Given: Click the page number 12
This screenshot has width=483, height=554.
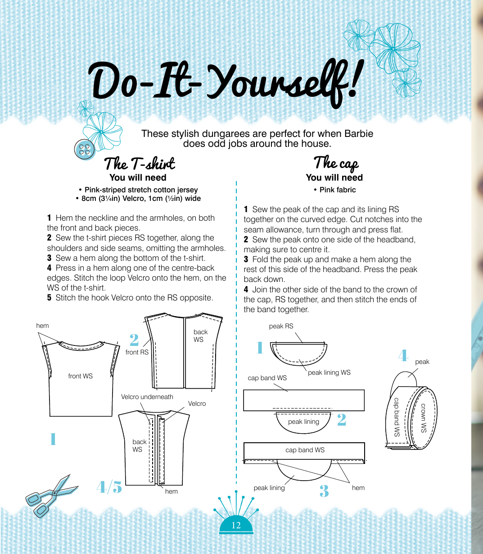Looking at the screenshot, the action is pyautogui.click(x=236, y=525).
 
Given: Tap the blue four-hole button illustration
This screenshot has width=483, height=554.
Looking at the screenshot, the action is pyautogui.click(x=85, y=149).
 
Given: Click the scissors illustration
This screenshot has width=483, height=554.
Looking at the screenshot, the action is pyautogui.click(x=51, y=495).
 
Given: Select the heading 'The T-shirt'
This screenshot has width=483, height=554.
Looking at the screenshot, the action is pyautogui.click(x=140, y=163).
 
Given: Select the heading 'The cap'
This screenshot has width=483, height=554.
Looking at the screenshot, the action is pyautogui.click(x=336, y=163).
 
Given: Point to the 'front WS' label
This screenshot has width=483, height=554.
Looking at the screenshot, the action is pyautogui.click(x=81, y=376).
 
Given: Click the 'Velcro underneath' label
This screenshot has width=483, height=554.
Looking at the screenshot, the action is pyautogui.click(x=147, y=397).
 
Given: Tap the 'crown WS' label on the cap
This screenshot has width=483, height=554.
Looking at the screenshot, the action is pyautogui.click(x=424, y=418).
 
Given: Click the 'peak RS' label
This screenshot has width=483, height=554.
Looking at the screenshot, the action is pyautogui.click(x=281, y=326).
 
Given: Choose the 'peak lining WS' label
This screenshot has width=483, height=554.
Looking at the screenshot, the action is pyautogui.click(x=329, y=372).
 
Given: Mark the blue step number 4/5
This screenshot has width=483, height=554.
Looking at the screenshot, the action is pyautogui.click(x=109, y=487).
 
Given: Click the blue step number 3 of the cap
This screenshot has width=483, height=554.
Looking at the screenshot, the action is pyautogui.click(x=324, y=491).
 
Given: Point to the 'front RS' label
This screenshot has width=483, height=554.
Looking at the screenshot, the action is pyautogui.click(x=137, y=352).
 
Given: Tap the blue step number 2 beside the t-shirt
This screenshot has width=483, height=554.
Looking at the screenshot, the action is pyautogui.click(x=134, y=340).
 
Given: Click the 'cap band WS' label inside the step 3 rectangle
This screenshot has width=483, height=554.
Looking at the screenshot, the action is pyautogui.click(x=305, y=450).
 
